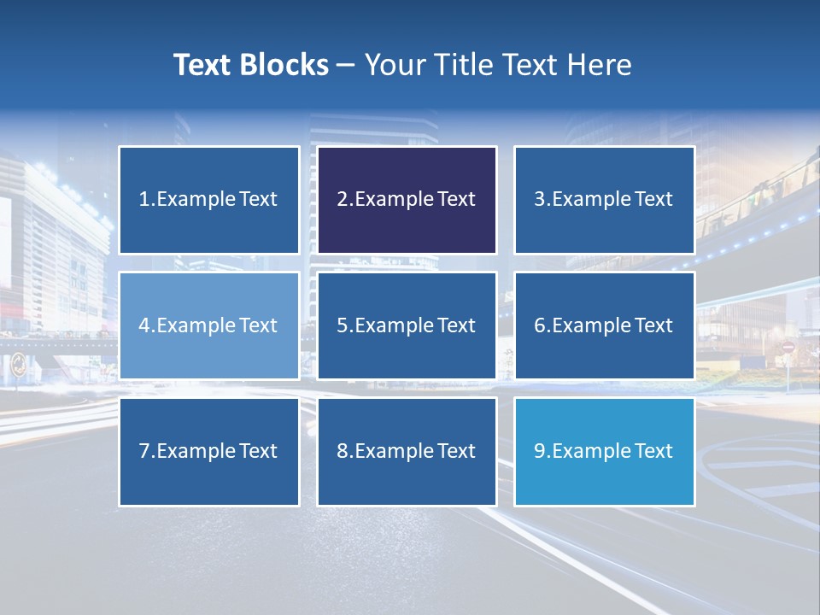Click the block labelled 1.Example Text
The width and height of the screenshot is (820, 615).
click(208, 200)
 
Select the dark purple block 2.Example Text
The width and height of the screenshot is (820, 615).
click(407, 200)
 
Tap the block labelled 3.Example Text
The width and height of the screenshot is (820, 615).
click(604, 200)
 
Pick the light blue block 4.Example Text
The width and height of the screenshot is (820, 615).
click(208, 325)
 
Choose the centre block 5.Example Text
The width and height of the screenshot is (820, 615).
click(407, 325)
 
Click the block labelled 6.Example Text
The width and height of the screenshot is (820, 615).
click(604, 325)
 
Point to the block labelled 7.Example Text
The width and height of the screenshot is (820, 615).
click(208, 451)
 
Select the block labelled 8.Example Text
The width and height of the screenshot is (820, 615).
click(407, 451)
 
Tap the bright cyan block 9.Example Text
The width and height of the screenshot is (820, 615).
click(604, 451)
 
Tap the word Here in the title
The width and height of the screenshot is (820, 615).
click(600, 65)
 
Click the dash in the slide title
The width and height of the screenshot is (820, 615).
click(346, 66)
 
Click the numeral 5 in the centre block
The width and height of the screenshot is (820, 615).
click(342, 325)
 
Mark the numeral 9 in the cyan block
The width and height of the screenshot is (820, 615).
click(540, 451)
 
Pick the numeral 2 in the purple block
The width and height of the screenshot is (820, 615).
click(342, 200)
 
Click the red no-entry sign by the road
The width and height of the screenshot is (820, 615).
click(788, 348)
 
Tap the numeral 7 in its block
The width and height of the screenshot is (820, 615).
click(144, 451)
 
